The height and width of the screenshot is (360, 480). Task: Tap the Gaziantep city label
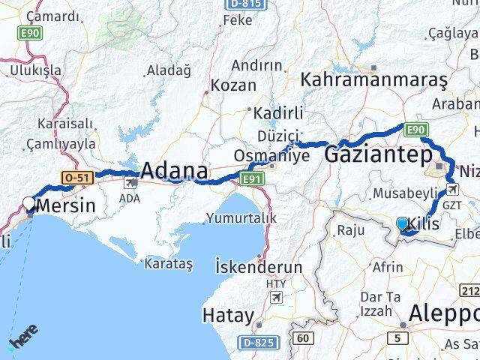point(378,154)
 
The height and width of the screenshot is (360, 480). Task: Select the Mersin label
point(66,205)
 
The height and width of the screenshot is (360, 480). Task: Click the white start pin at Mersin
point(29,204)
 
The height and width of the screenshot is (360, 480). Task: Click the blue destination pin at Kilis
point(402,223)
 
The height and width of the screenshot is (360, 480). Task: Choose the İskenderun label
point(258,266)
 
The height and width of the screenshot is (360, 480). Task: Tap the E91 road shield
point(252,178)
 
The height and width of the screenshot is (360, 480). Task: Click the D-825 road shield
point(254,343)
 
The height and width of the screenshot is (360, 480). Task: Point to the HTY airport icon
point(276,298)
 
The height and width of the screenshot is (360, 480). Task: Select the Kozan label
point(233,85)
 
